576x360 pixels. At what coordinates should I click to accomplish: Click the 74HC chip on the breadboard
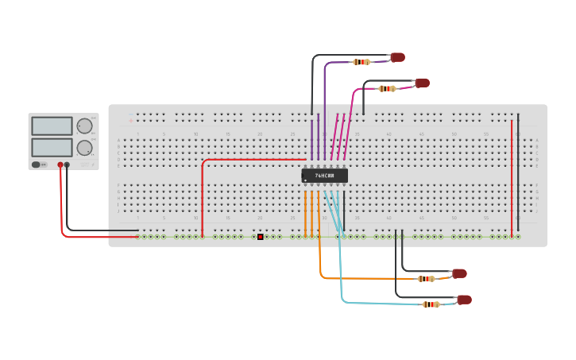pyautogui.click(x=325, y=175)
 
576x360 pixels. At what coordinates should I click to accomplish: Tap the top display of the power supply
pyautogui.click(x=52, y=126)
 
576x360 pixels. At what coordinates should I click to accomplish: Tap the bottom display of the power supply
pyautogui.click(x=52, y=147)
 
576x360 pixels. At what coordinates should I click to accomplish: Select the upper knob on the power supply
pyautogui.click(x=84, y=126)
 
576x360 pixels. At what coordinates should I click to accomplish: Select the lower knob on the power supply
pyautogui.click(x=84, y=147)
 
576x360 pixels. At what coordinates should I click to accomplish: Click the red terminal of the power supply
pyautogui.click(x=60, y=165)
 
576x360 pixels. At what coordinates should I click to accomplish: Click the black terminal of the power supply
pyautogui.click(x=67, y=165)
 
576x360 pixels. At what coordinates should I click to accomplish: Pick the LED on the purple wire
pyautogui.click(x=398, y=57)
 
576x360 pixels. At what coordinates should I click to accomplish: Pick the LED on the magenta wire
pyautogui.click(x=423, y=83)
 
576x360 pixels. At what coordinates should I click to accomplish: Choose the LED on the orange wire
pyautogui.click(x=459, y=273)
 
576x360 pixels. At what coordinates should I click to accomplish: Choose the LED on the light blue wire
pyautogui.click(x=464, y=300)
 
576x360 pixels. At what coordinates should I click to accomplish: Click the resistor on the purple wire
pyautogui.click(x=361, y=61)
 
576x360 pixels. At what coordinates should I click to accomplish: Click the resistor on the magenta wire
pyautogui.click(x=387, y=88)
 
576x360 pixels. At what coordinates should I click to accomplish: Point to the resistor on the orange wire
pyautogui.click(x=427, y=278)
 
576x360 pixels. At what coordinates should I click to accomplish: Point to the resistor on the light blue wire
pyautogui.click(x=431, y=304)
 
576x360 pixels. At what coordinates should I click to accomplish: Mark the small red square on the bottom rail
pyautogui.click(x=260, y=236)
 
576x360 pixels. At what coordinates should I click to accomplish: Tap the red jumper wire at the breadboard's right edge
pyautogui.click(x=512, y=175)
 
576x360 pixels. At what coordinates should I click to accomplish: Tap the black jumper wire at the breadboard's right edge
pyautogui.click(x=518, y=175)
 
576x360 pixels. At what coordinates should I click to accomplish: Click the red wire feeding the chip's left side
pyautogui.click(x=238, y=160)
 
